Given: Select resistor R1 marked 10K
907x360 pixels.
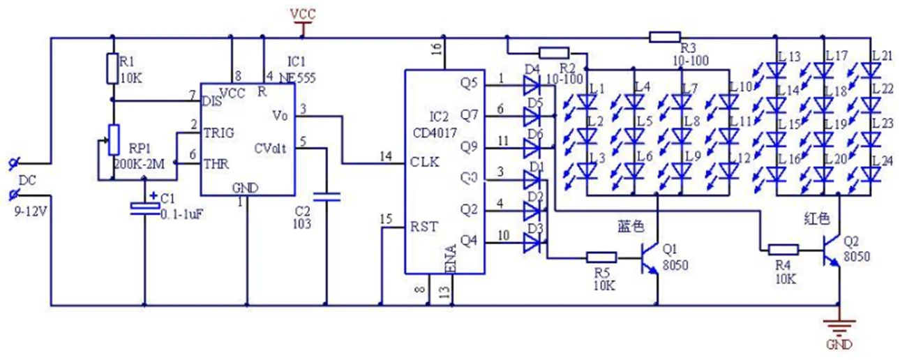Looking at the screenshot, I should tap(112, 68).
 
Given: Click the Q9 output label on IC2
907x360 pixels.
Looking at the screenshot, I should tap(470, 147).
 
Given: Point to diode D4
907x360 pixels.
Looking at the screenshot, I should tap(532, 84).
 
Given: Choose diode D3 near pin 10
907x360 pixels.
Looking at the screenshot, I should tap(532, 243).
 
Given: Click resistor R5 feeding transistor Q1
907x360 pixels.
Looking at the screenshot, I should tap(601, 257).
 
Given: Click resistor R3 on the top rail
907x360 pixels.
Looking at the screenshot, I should tap(664, 36).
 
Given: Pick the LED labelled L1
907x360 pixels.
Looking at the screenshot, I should tap(588, 102).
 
